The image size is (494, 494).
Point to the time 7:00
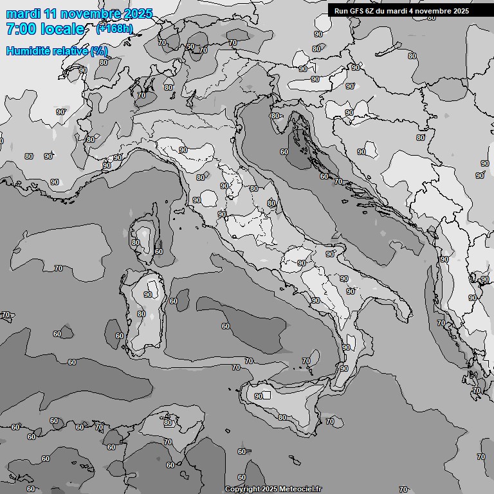click(21, 29)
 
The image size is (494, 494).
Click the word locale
click(63, 29)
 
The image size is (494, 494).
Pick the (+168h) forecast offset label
click(114, 28)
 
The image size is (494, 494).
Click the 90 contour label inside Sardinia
click(148, 295)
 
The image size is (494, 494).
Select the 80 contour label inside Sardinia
click(142, 314)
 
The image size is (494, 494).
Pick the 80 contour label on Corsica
click(135, 242)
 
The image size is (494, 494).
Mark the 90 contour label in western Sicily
click(259, 396)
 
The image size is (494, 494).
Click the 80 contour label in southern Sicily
click(282, 417)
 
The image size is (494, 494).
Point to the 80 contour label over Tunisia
click(168, 423)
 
